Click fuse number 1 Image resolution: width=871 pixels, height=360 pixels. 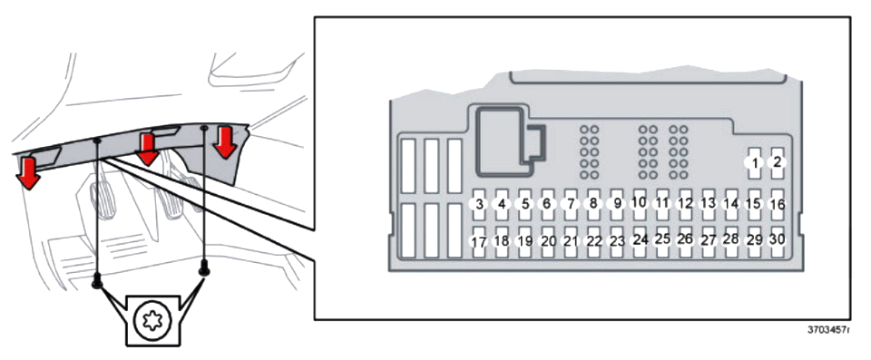pos(754,163)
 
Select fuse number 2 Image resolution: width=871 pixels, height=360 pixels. pos(778,163)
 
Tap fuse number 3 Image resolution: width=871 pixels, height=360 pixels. pos(479,204)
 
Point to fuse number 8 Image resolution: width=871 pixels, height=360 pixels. pos(593,204)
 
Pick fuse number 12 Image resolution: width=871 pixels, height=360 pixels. pos(686,204)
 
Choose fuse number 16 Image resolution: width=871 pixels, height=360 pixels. pos(778,204)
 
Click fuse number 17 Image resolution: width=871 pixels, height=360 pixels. pos(479,242)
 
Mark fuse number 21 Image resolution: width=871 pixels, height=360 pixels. pos(571,242)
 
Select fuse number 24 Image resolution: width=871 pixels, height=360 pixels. pos(640,242)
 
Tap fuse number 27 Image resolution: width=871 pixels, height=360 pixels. pos(709,242)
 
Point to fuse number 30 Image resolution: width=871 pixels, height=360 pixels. pos(778,242)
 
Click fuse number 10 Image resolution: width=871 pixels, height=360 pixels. pos(640,204)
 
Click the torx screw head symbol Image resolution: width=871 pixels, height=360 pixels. pos(152,322)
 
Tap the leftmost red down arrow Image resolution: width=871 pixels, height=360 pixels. pos(27,173)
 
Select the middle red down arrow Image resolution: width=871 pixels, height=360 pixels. pos(147,150)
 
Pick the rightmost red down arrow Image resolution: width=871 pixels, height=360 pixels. pos(225,142)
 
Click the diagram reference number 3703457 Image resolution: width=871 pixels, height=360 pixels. pos(828,330)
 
